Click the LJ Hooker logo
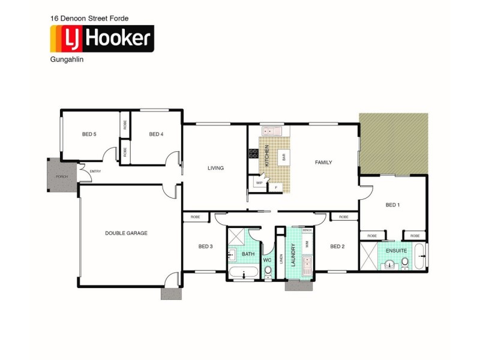[102, 40]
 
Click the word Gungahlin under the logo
[65, 60]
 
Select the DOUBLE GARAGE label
[126, 233]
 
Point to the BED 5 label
[89, 134]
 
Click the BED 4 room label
[156, 134]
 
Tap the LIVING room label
[215, 168]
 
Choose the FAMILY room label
[324, 162]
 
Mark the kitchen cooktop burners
[252, 155]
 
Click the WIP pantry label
[259, 182]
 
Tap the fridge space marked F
[276, 188]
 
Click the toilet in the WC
[268, 272]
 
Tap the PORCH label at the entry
[61, 177]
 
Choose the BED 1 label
[392, 205]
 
